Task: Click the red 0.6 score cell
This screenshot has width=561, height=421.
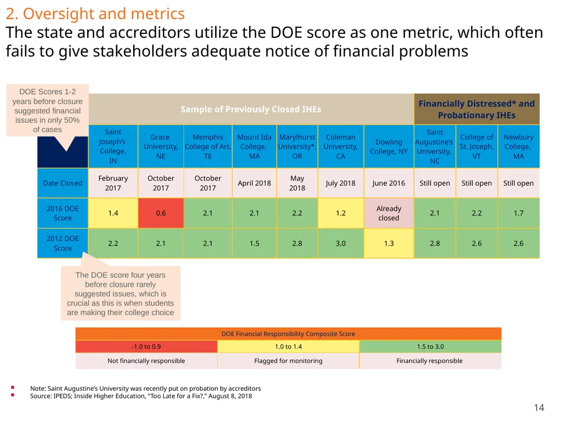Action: click(x=161, y=213)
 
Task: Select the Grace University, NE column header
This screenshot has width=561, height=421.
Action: click(x=161, y=146)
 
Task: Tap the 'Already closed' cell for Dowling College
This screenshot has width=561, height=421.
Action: click(x=389, y=213)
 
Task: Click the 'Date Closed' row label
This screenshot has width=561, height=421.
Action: click(x=62, y=183)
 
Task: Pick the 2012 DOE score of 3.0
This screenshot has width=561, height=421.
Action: click(x=341, y=243)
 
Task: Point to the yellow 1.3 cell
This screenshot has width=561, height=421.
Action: click(x=389, y=243)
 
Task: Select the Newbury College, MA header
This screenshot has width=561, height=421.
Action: click(x=519, y=146)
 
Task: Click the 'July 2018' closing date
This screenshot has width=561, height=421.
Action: click(x=341, y=183)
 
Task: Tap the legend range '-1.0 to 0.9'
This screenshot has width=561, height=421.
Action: click(x=146, y=346)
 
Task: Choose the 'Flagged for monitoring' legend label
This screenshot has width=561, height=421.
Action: click(x=288, y=361)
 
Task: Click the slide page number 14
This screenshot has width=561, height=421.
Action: click(x=539, y=408)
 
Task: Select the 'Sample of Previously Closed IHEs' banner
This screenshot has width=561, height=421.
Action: click(x=251, y=109)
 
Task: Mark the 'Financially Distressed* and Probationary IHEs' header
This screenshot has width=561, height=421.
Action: click(x=477, y=109)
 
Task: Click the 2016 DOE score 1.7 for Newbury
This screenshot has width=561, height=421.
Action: click(x=519, y=213)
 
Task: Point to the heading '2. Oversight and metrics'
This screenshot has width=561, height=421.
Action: click(x=95, y=14)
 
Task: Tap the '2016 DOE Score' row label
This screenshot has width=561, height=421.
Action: click(x=62, y=213)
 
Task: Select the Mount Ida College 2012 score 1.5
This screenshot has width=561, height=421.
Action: click(x=254, y=243)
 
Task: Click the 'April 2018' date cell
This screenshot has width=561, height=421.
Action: click(x=254, y=183)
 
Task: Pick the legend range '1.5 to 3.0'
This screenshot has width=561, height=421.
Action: click(x=431, y=346)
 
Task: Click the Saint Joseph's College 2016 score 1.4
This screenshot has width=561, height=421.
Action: click(x=113, y=213)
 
